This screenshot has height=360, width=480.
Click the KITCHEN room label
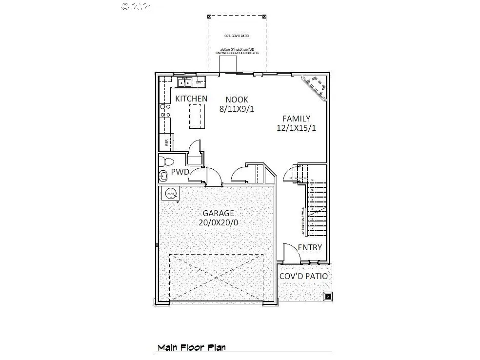tap(191, 99)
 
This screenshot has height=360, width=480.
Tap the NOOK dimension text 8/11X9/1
tap(237, 109)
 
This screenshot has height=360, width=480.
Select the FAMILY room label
tap(296, 119)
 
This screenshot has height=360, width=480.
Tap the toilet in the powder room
tap(167, 161)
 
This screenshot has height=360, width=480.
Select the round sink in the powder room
tap(162, 176)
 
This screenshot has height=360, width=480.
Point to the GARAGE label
tap(219, 213)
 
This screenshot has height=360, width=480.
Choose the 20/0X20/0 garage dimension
tap(219, 222)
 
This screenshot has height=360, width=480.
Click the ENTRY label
tap(310, 247)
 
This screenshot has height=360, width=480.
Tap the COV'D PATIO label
tap(303, 276)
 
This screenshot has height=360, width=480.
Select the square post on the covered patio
tap(327, 296)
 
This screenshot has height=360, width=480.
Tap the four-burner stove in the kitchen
tap(165, 111)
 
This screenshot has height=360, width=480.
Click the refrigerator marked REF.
tap(166, 142)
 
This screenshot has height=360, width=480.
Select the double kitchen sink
tap(184, 82)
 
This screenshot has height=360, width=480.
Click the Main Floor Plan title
tap(191, 348)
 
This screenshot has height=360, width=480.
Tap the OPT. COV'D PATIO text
tap(237, 36)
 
